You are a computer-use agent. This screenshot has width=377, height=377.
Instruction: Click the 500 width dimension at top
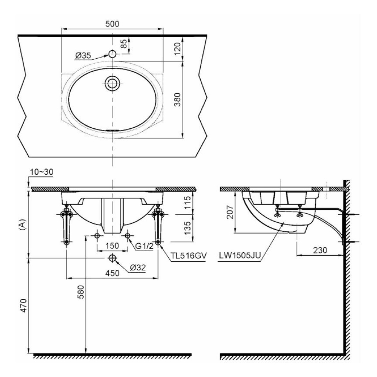point(112,23)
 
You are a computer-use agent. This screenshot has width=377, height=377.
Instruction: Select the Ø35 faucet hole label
point(83,56)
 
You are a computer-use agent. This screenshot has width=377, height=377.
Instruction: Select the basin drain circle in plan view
point(112,83)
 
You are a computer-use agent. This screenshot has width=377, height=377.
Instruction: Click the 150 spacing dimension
point(112,246)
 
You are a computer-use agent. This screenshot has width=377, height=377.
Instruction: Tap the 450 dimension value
point(112,273)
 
